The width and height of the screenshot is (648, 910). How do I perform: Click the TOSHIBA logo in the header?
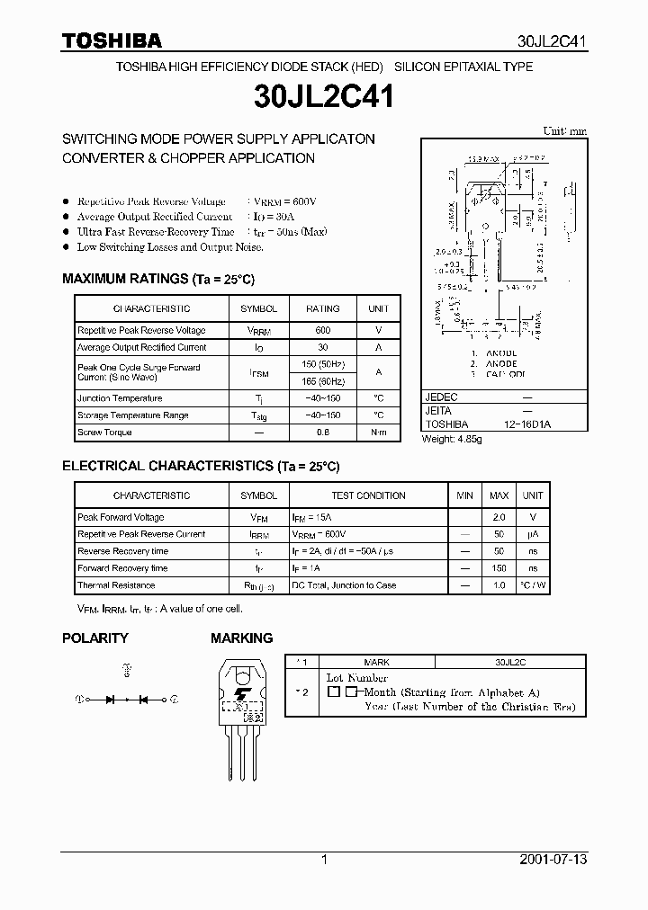112,40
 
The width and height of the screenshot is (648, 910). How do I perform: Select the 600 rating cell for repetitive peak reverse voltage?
322,331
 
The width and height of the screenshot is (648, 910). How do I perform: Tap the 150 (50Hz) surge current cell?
322,363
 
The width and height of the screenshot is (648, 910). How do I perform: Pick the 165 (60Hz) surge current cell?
322,381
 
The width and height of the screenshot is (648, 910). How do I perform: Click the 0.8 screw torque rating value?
322,433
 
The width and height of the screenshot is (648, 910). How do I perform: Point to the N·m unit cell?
378,433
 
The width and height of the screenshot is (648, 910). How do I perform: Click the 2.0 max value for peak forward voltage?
499,518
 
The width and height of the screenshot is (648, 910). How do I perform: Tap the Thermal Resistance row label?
116,585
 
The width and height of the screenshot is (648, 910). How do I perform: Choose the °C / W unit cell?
533,585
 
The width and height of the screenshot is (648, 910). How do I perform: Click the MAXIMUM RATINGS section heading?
158,280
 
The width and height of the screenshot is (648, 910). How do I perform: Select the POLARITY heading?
94,638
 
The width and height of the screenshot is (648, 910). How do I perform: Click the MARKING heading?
241,638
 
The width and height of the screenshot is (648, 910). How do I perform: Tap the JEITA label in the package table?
440,410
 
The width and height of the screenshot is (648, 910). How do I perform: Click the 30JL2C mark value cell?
510,661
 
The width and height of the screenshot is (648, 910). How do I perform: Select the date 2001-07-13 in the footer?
553,860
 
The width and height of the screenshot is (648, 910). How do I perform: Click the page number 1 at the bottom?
324,860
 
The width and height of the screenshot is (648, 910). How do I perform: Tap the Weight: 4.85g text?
453,439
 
